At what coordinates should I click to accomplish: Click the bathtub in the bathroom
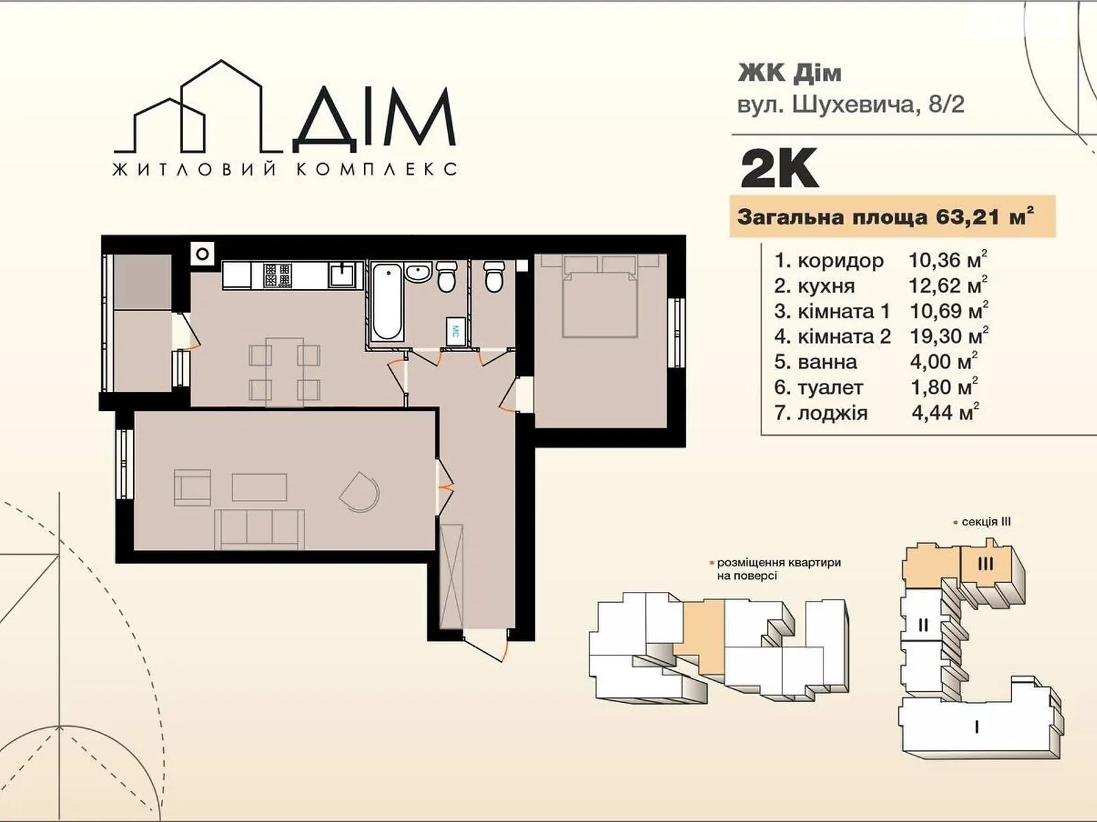coord(387,302)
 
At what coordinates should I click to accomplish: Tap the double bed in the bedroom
coord(601,301)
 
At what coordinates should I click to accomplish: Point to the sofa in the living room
coord(260,529)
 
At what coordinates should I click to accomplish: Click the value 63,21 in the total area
coord(963,217)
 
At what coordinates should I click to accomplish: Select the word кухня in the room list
coord(826,286)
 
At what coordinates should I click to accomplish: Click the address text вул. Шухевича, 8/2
coord(850,104)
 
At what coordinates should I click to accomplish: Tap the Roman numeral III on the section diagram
coord(985,564)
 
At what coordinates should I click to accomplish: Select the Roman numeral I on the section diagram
coord(976,727)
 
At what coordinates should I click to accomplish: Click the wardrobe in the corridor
coord(452,576)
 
